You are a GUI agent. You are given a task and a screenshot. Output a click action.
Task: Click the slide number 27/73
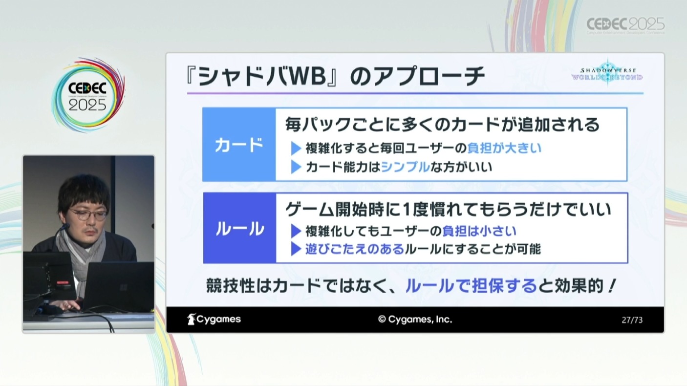632,320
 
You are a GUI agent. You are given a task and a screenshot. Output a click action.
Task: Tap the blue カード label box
239,145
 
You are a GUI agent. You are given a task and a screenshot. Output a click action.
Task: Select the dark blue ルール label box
239,228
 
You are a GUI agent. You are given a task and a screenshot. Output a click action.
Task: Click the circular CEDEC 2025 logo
88,95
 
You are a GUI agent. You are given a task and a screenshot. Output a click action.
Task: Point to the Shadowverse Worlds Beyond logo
607,74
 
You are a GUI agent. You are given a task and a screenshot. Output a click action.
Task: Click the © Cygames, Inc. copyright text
415,320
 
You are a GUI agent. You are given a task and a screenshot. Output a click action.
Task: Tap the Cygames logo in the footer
214,319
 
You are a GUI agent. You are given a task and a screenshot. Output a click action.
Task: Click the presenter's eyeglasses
88,214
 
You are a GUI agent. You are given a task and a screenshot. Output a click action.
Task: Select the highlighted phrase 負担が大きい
504,148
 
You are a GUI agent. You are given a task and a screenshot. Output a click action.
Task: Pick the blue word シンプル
406,167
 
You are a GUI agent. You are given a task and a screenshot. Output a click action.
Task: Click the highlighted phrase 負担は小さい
479,231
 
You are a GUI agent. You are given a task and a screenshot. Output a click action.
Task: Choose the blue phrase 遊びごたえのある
355,249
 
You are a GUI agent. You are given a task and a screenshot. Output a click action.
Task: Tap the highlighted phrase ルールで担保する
471,286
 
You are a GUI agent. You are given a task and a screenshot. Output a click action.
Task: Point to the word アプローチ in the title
429,76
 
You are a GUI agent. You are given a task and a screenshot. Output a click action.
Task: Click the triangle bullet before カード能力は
296,167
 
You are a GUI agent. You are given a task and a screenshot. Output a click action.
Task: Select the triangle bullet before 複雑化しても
296,231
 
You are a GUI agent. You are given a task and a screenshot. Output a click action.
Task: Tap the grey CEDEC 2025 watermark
625,25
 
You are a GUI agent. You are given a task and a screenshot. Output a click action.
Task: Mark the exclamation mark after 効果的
612,286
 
